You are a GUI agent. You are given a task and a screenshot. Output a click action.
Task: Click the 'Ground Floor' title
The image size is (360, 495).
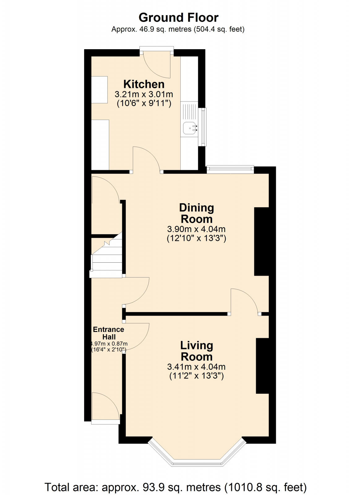[x=178, y=18]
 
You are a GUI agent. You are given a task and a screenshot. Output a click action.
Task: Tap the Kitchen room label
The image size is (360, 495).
[x=144, y=84]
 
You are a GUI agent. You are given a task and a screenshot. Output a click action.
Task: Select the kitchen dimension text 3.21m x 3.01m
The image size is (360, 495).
[x=144, y=94]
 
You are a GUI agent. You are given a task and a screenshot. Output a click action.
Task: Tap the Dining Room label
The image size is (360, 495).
[x=196, y=213]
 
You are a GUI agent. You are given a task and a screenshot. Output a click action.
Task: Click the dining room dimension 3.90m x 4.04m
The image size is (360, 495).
[x=196, y=229]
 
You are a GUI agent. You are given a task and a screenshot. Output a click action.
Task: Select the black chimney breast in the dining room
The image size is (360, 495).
[x=261, y=241]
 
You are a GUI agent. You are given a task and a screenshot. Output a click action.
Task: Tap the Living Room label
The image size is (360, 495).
[x=197, y=351]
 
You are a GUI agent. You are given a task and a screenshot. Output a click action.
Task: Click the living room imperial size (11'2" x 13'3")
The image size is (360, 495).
[x=196, y=376]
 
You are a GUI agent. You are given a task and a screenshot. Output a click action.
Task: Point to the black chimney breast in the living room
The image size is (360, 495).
[x=262, y=366]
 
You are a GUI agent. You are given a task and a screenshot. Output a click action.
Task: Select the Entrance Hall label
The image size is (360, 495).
[x=109, y=333]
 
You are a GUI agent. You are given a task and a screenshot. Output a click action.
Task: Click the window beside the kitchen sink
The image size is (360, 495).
[x=203, y=127]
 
